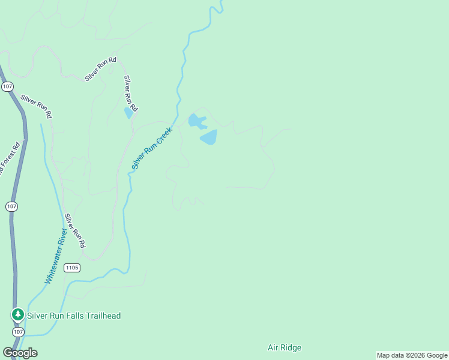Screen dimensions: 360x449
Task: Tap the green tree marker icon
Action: pos(18,314)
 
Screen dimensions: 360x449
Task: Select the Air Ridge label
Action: pos(284,347)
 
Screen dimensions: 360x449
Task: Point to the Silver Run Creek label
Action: pos(152,148)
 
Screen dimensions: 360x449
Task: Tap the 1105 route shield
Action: pos(71,268)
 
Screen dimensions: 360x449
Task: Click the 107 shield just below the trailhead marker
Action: pos(18,331)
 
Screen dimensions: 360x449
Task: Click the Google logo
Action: pos(20,353)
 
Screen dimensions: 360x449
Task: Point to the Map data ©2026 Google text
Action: pos(412,355)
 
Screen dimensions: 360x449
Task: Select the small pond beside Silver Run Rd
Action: pos(128,113)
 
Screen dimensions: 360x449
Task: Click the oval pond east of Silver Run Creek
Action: pos(208,138)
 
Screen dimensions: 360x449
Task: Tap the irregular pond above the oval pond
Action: pos(196,121)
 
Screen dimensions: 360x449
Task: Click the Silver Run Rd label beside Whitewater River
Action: pos(75,231)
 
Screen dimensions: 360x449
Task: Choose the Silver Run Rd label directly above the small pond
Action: pos(131,93)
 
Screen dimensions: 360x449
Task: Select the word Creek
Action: pos(163,136)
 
